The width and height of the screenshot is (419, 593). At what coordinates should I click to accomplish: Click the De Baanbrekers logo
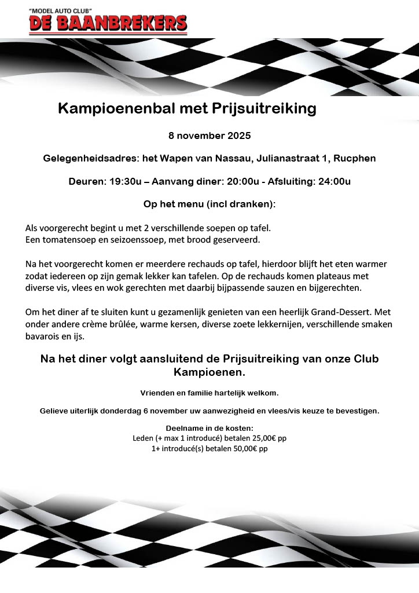(108, 21)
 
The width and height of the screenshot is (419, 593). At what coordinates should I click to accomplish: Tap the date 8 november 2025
(209, 136)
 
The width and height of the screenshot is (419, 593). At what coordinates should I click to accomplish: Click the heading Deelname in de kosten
(209, 429)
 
